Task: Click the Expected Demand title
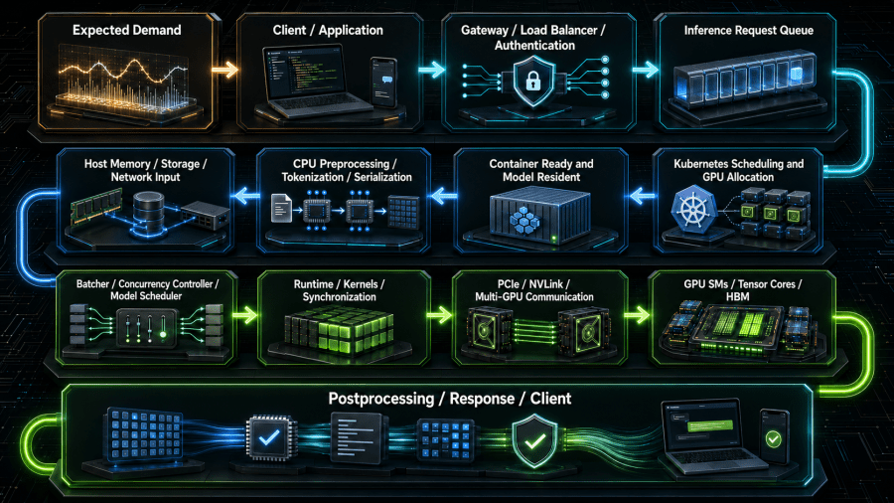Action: click(126, 30)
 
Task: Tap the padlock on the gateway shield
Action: click(533, 83)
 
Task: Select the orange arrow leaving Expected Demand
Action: click(224, 71)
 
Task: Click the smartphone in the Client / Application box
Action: click(383, 82)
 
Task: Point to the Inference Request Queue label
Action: click(749, 30)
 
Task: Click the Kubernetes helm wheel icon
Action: click(692, 210)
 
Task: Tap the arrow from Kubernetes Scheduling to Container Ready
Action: click(642, 197)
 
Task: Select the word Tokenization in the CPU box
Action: click(313, 177)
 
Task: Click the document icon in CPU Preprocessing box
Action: click(281, 208)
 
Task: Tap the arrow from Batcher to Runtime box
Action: click(245, 315)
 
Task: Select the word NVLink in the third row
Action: click(546, 284)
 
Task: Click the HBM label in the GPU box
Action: click(737, 297)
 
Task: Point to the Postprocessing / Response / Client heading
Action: click(449, 398)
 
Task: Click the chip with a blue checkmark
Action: click(269, 438)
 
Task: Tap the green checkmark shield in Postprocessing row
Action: click(534, 441)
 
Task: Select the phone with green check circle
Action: click(774, 436)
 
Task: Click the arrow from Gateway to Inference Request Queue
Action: click(646, 70)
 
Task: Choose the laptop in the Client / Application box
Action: click(311, 81)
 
